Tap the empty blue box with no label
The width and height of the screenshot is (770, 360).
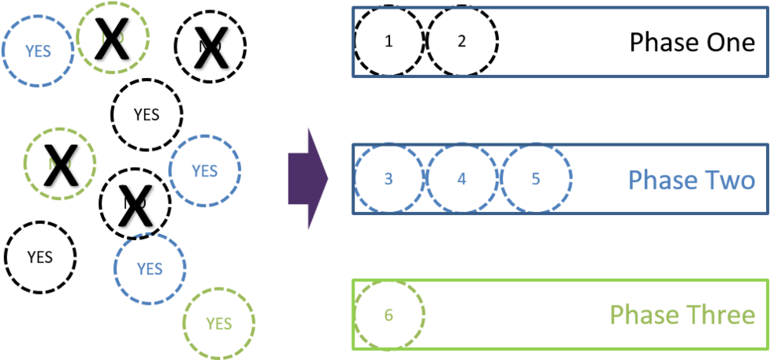pos(560,42)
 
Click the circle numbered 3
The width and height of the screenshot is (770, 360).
pos(389,179)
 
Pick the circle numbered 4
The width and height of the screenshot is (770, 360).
pos(462,179)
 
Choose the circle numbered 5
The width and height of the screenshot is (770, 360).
pos(535,179)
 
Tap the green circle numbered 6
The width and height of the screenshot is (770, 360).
pos(389,315)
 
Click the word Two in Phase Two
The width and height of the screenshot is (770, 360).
pos(726,180)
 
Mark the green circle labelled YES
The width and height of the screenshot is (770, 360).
pos(219,323)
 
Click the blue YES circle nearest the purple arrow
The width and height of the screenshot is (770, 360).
pos(205,170)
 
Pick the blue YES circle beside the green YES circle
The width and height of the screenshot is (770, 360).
pos(150,269)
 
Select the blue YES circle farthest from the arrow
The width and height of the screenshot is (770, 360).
pos(38,51)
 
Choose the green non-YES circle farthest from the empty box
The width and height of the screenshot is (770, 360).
pos(60,164)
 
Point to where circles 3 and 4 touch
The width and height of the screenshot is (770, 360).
pos(426,179)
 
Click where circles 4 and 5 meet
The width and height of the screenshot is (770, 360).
pos(499,179)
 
